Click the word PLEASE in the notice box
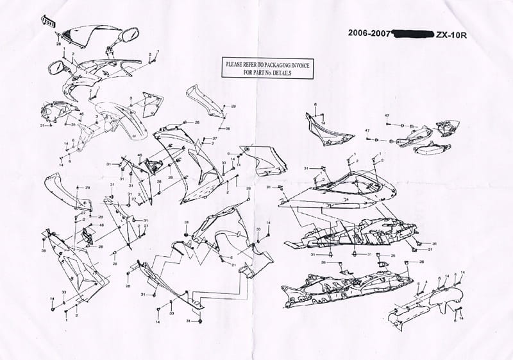point(235,65)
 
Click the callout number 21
point(235,264)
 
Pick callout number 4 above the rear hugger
point(424,282)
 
